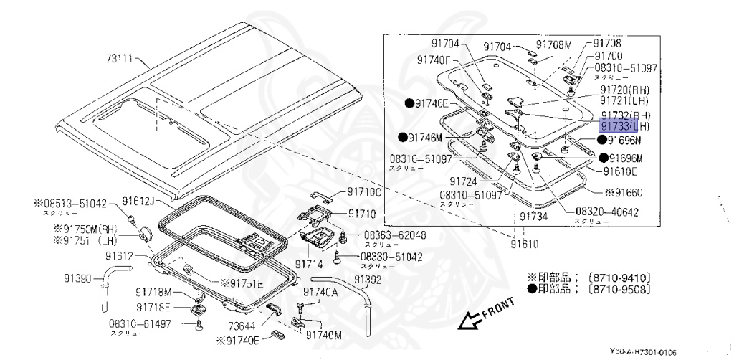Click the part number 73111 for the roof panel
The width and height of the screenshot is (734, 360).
(120, 59)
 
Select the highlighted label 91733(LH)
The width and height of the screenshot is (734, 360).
(624, 127)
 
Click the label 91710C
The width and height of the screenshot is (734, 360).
(365, 192)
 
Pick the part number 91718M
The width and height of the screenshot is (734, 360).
(154, 292)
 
